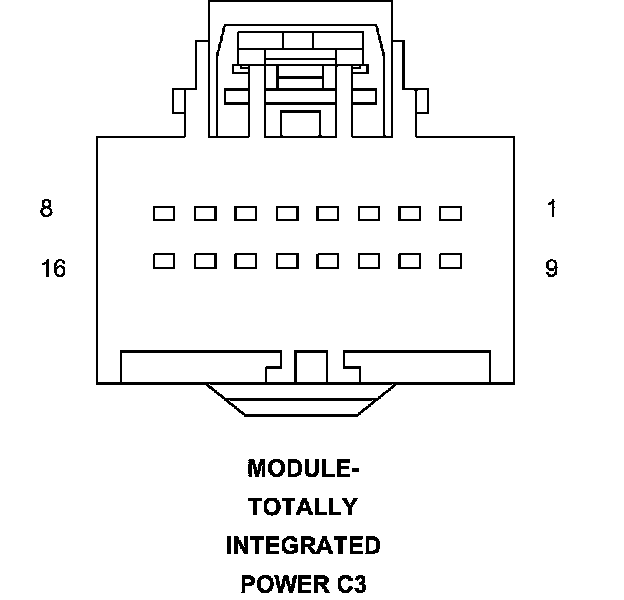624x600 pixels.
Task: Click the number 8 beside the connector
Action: pos(46,209)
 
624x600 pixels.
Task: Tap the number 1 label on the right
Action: pos(551,209)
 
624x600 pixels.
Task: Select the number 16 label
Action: pos(53,269)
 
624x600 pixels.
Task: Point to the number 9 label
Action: pos(551,269)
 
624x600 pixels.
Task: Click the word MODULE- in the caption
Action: pos(302,468)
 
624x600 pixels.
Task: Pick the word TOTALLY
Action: pos(302,507)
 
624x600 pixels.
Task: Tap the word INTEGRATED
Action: pos(302,546)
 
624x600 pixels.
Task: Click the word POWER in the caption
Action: pos(283,584)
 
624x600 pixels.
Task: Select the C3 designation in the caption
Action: pos(349,584)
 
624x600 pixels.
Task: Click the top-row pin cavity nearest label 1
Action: pos(450,213)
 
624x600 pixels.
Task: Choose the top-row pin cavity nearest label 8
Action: pos(164,213)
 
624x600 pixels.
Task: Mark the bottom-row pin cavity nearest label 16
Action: pos(164,261)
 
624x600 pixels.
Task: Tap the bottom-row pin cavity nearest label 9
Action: pos(450,261)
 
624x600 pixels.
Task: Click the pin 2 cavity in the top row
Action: pos(409,213)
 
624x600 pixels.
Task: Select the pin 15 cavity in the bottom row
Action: pos(205,261)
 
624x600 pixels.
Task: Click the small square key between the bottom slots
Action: pos(311,366)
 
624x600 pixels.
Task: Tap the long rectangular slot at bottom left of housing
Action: pos(200,366)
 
